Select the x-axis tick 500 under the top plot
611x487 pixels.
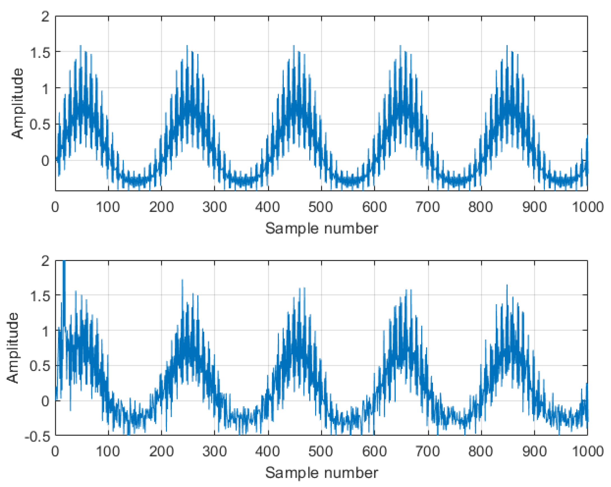(321, 207)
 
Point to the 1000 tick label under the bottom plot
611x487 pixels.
(587, 451)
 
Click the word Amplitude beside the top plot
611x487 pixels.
(17, 103)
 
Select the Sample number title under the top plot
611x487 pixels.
(321, 229)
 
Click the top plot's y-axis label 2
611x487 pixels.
(45, 17)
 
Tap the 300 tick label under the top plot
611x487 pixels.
(215, 207)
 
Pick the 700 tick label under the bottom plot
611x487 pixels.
(427, 451)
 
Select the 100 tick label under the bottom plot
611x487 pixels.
(108, 451)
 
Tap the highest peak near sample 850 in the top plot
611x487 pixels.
(507, 46)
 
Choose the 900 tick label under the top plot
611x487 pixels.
(534, 207)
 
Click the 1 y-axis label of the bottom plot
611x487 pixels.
(45, 331)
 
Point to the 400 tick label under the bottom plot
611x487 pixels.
(267, 451)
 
